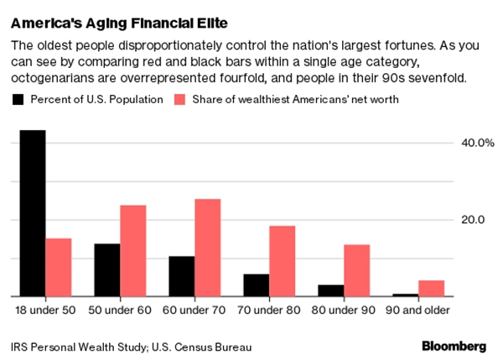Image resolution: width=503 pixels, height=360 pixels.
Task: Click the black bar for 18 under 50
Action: click(x=33, y=213)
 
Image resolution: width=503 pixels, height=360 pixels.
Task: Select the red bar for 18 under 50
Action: click(x=58, y=267)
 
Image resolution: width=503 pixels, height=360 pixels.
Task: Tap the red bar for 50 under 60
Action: click(x=132, y=250)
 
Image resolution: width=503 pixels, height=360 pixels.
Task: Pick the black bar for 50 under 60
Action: click(x=107, y=269)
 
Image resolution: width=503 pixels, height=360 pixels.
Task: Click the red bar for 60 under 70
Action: click(x=207, y=248)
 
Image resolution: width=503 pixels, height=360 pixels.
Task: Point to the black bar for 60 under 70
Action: click(x=182, y=276)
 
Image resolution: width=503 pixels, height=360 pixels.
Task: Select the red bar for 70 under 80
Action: click(x=282, y=261)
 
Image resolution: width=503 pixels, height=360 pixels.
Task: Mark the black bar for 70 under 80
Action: click(x=257, y=285)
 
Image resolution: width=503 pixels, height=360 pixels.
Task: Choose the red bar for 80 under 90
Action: click(x=356, y=270)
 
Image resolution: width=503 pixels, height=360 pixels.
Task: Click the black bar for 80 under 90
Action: click(x=331, y=290)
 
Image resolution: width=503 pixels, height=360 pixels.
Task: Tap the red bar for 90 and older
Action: click(x=431, y=288)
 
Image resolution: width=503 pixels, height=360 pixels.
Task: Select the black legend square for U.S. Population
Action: click(x=18, y=100)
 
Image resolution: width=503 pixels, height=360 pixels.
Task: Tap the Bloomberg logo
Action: click(x=453, y=346)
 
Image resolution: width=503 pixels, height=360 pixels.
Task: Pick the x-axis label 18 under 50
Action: click(x=45, y=310)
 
